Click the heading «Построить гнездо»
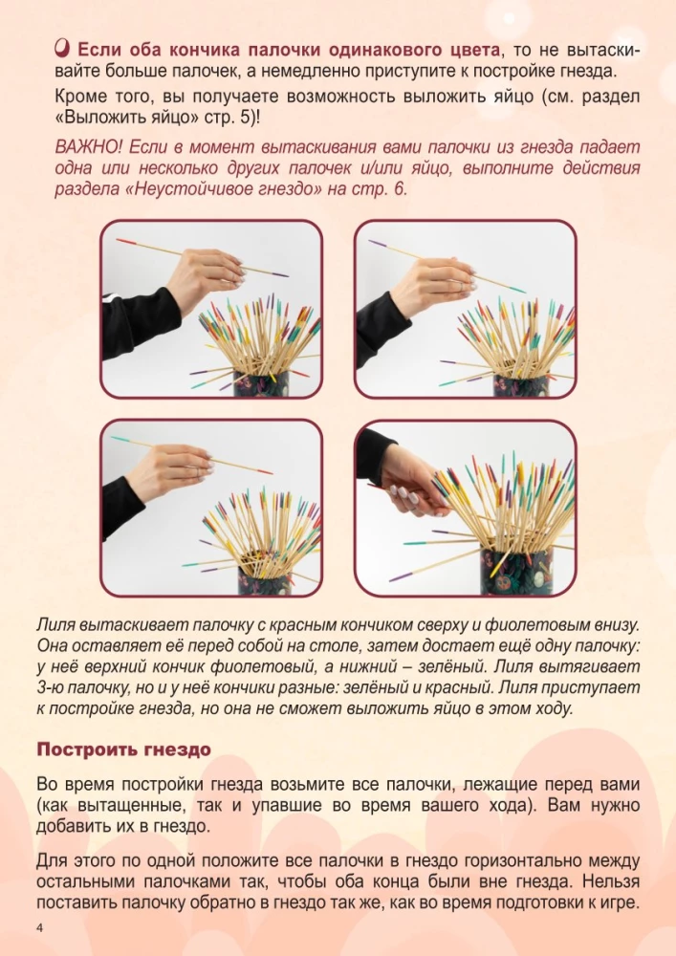coord(123,750)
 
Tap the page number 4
coord(40,928)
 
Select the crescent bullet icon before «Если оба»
coord(63,47)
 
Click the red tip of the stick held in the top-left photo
coord(124,242)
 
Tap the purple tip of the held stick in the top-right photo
coord(378,243)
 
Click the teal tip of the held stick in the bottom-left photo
coord(120,439)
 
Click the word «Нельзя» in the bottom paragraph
coord(611,881)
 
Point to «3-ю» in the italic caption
coord(49,687)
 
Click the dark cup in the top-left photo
coord(261,383)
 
